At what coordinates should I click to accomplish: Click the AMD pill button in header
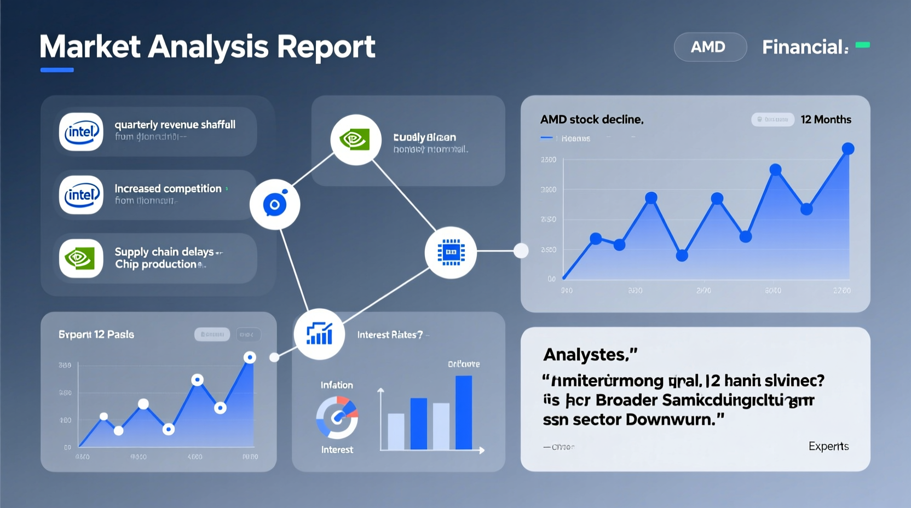(x=710, y=47)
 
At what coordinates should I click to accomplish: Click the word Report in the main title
(x=326, y=47)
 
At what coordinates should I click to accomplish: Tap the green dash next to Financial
(x=862, y=45)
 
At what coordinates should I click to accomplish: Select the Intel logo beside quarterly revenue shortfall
(x=81, y=132)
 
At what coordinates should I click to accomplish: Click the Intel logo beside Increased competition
(x=81, y=195)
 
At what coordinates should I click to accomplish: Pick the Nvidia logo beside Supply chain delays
(x=81, y=258)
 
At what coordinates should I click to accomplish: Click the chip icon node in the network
(x=451, y=252)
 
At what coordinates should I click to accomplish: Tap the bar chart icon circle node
(x=319, y=334)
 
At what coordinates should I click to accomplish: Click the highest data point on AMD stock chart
(x=847, y=148)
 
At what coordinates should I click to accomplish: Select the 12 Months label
(x=826, y=119)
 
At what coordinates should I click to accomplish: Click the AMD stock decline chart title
(x=591, y=119)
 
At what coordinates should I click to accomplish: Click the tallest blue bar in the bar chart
(x=463, y=412)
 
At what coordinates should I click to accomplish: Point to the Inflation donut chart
(x=337, y=417)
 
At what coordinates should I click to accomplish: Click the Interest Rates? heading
(x=390, y=334)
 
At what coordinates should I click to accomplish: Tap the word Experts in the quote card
(x=828, y=446)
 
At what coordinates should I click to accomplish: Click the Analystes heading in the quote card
(x=590, y=355)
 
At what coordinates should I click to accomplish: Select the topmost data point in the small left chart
(x=250, y=357)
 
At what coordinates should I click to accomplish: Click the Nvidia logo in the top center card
(x=355, y=140)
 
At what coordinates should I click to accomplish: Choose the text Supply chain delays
(x=164, y=252)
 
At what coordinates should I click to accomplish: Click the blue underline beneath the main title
(x=57, y=70)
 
